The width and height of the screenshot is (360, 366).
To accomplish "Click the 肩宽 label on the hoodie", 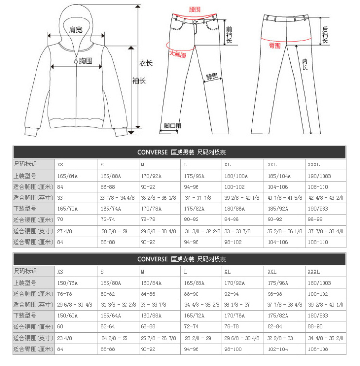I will pyautogui.click(x=75, y=30).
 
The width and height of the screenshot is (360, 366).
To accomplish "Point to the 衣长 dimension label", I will pyautogui.click(x=146, y=63).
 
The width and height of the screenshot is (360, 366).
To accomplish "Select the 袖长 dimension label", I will pyautogui.click(x=139, y=81).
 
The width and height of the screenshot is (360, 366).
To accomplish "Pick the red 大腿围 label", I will pyautogui.click(x=177, y=55).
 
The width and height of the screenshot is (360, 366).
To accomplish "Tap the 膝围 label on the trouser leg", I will pyautogui.click(x=212, y=77).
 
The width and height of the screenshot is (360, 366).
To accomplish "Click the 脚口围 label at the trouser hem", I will pyautogui.click(x=173, y=126).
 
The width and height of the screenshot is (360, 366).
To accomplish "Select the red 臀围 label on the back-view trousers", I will pyautogui.click(x=275, y=45).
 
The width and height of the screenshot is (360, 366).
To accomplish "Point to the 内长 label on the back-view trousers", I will pyautogui.click(x=305, y=64).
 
